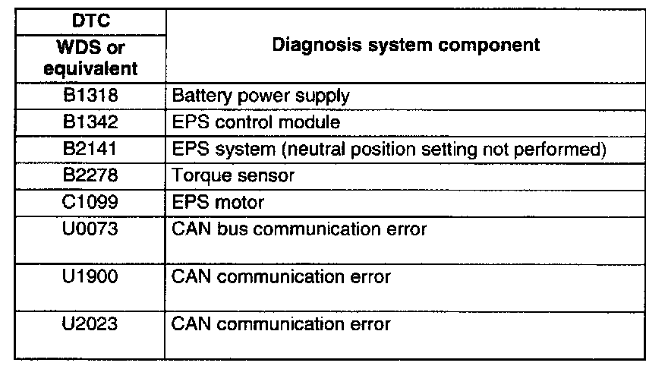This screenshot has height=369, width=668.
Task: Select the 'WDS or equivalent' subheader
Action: [90, 58]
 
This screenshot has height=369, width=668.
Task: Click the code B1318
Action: [90, 96]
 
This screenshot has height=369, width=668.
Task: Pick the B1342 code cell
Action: [90, 122]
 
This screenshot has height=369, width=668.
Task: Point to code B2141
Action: [90, 149]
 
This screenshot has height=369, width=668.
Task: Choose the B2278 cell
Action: [90, 175]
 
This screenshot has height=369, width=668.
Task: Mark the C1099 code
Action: [90, 203]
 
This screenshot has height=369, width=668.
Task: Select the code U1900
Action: [90, 277]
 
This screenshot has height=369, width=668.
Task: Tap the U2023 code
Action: [90, 324]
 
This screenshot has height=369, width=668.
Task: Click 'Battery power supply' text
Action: [261, 96]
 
